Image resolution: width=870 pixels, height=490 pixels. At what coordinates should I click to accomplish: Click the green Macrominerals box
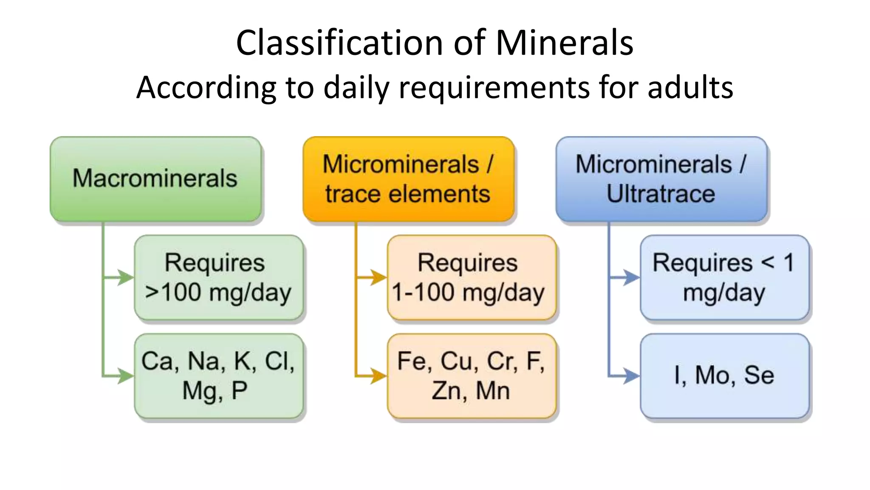click(x=155, y=179)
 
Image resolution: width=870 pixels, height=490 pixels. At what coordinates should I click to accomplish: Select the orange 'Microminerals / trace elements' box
click(x=408, y=179)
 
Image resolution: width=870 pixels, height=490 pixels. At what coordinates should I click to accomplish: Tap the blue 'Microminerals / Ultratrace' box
click(x=661, y=179)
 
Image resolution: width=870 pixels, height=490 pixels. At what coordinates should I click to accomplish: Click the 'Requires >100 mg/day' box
click(x=218, y=277)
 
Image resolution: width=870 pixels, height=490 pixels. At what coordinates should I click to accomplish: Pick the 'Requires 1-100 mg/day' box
click(x=471, y=277)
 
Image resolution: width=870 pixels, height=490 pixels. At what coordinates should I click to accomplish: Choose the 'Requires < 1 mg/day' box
click(x=724, y=277)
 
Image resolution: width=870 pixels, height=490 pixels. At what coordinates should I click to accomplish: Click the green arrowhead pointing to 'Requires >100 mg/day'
click(x=125, y=277)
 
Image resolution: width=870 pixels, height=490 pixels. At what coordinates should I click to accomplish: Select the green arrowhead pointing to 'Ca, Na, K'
click(x=125, y=376)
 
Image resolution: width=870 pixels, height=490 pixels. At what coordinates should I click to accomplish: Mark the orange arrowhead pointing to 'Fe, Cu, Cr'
click(x=378, y=376)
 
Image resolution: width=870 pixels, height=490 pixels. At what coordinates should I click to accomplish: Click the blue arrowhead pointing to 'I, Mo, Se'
click(x=631, y=376)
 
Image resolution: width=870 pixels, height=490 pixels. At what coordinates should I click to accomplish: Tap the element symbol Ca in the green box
click(x=157, y=362)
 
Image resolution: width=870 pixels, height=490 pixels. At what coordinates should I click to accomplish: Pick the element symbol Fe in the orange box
click(x=412, y=362)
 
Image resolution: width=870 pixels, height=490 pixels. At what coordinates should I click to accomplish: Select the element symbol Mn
click(x=492, y=390)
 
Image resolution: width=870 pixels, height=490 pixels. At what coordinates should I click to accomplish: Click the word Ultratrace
click(x=661, y=194)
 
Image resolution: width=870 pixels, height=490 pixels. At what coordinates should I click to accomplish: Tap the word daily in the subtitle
click(x=356, y=87)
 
